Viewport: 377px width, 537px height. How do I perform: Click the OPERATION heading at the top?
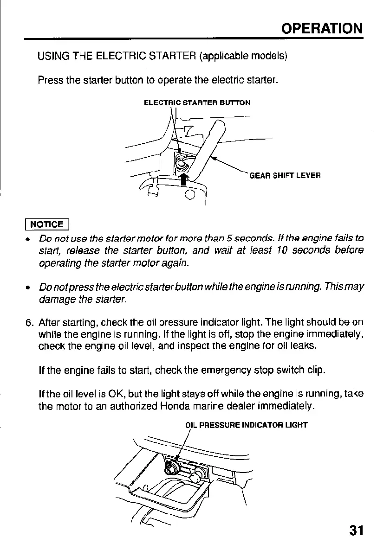tap(322, 28)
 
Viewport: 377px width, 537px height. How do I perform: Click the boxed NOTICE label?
tap(47, 224)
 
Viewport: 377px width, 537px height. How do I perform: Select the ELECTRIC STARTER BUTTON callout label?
tap(197, 102)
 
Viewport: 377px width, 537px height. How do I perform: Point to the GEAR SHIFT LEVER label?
tap(285, 175)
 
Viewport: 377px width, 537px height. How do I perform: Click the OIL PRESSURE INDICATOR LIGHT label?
tap(246, 424)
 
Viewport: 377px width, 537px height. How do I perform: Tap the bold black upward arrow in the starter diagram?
tap(184, 179)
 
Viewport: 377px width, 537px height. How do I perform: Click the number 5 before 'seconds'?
tap(229, 239)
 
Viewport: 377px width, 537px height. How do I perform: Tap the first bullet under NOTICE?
tap(29, 239)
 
